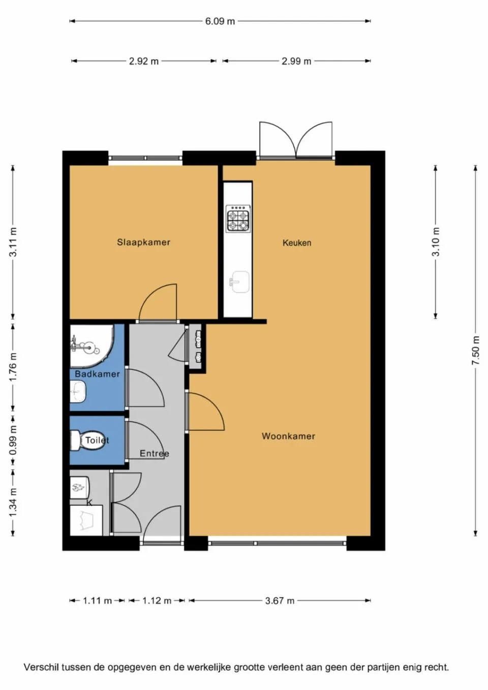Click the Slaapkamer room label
(143, 242)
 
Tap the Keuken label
(297, 243)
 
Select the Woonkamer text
(288, 436)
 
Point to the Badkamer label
(97, 374)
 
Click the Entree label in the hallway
(154, 453)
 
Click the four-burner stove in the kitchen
(238, 218)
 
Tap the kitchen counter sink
(239, 281)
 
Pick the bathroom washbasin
(78, 392)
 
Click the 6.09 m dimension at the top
(220, 21)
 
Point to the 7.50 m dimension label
(475, 351)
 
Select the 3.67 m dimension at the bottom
(280, 601)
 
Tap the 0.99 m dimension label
(13, 440)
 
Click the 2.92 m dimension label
(143, 61)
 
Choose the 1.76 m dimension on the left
(13, 367)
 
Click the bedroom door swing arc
(159, 302)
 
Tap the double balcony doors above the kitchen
(296, 140)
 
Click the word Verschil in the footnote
(41, 667)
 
